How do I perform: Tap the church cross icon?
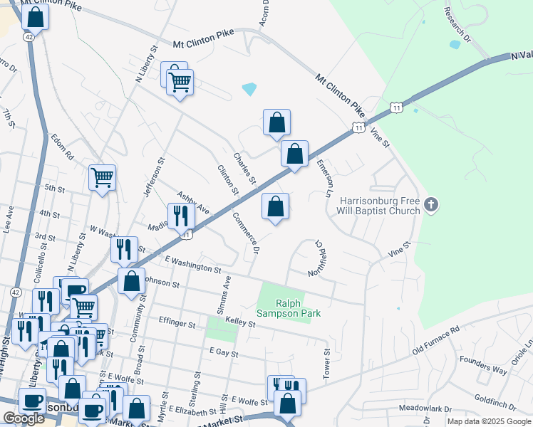[x=430, y=206]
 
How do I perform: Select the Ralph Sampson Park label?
[x=289, y=308]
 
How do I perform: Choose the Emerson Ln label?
[x=325, y=178]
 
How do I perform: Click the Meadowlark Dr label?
[x=425, y=409]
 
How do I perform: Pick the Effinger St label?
[x=177, y=325]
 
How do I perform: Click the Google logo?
[x=24, y=418]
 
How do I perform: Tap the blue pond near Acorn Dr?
[x=249, y=89]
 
